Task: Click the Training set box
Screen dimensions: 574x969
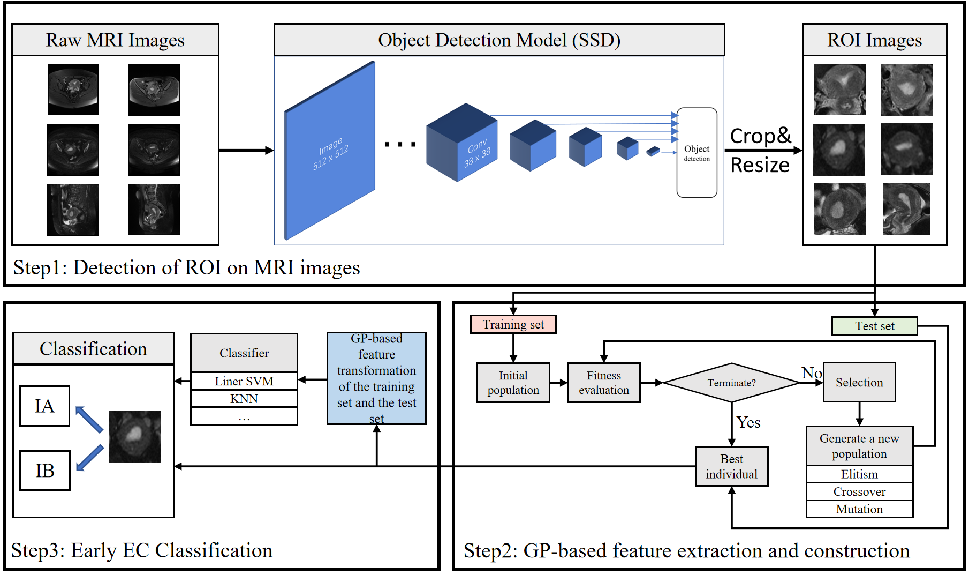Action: [x=513, y=324]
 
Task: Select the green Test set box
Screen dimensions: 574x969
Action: [x=874, y=326]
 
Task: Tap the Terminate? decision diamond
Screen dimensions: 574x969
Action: [x=731, y=383]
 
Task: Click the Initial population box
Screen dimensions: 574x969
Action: [x=513, y=383]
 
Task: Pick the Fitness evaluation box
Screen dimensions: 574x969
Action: [x=603, y=383]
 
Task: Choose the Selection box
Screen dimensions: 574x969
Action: [x=859, y=382]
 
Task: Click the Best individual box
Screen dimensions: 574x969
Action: [x=731, y=466]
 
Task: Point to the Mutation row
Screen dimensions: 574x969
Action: [x=859, y=509]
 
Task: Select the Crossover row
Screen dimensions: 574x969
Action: [x=859, y=491]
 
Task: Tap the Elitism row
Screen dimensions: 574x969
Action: [x=859, y=474]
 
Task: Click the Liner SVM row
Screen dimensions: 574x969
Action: [x=244, y=381]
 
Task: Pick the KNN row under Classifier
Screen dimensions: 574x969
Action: [x=244, y=399]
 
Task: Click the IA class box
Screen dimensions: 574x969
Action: [x=44, y=406]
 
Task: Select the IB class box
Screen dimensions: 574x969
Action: [x=44, y=470]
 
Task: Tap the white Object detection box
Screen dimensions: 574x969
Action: [x=697, y=153]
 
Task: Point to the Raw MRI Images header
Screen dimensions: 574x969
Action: [x=115, y=40]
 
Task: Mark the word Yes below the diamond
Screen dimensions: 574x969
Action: [x=748, y=422]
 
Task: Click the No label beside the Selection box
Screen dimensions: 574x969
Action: [x=811, y=372]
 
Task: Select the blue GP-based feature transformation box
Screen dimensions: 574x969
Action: [x=376, y=378]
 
